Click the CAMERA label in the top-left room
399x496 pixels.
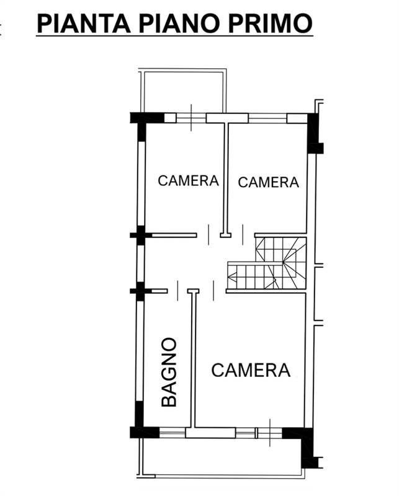pos(188,180)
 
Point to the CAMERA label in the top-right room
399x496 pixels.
pos(268,182)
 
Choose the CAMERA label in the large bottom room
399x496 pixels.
pos(251,370)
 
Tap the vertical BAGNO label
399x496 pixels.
pos(169,372)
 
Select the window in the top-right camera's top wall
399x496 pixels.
pos(267,118)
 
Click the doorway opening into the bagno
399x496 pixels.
pos(178,291)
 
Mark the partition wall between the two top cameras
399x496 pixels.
pos(225,177)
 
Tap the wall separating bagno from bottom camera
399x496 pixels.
pos(194,360)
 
